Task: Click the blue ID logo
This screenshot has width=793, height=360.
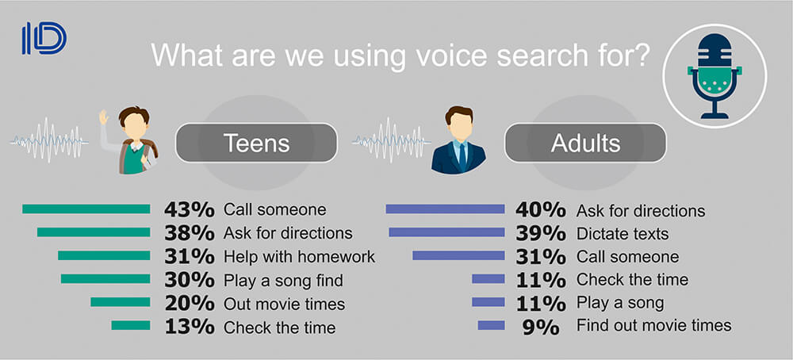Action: [44, 38]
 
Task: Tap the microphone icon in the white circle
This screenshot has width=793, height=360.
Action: [714, 76]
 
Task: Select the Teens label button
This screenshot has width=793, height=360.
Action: [256, 143]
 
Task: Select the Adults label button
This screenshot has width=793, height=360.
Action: [585, 143]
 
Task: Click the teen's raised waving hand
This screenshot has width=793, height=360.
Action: [104, 117]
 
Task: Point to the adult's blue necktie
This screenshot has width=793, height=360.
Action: [462, 156]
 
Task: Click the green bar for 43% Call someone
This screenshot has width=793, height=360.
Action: [86, 209]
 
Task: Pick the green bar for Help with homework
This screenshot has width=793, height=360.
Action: [104, 255]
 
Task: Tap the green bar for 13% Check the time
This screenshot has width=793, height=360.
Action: [131, 325]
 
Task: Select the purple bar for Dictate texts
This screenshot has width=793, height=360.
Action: [446, 232]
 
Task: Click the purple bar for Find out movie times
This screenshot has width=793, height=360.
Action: [491, 325]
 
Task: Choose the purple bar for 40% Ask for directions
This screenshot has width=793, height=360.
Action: [445, 209]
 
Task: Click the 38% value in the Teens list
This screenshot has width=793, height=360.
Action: [190, 233]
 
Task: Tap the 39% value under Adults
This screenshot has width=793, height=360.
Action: [540, 233]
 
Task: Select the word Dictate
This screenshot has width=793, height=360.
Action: [600, 233]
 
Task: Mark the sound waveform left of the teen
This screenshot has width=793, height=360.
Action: [49, 140]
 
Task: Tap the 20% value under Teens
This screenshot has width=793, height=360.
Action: [190, 303]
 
